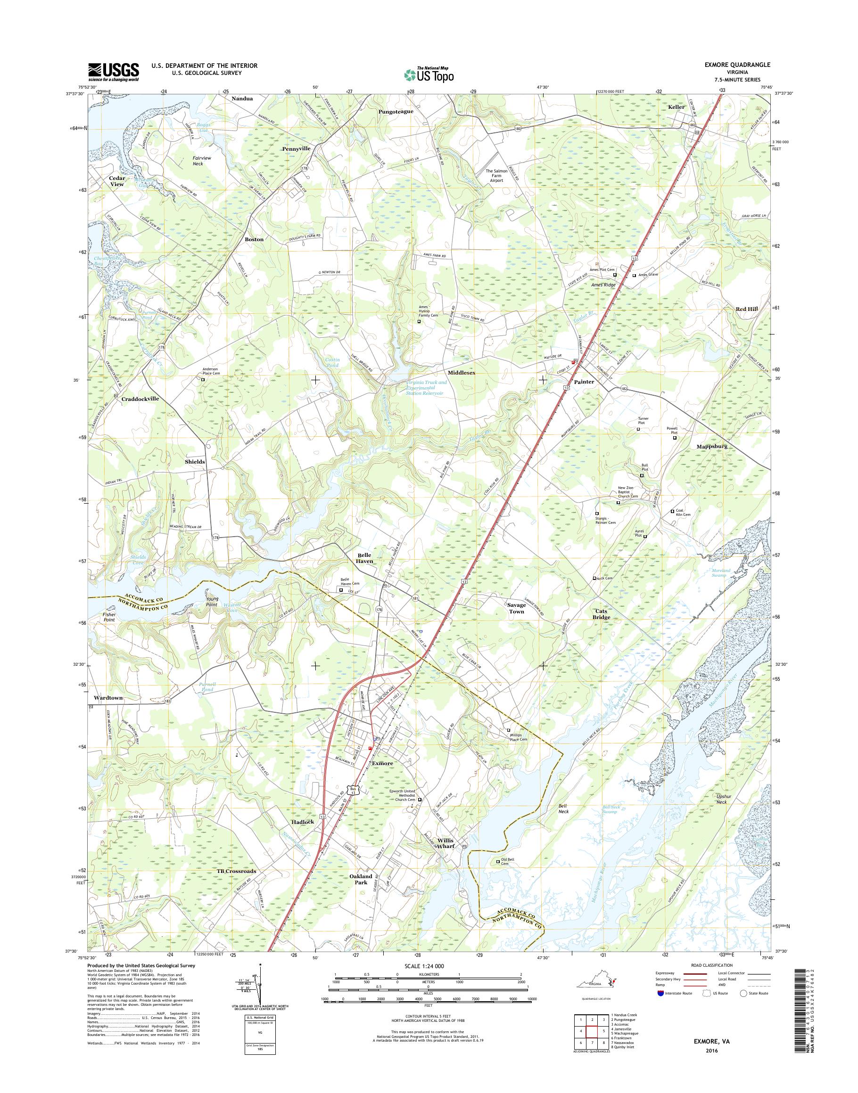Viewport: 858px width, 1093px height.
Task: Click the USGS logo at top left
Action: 114,72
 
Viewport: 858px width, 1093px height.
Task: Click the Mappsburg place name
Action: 712,446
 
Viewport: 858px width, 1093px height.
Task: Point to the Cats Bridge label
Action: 601,614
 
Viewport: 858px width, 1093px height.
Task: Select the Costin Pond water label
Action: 332,362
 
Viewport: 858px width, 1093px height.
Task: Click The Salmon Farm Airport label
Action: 496,176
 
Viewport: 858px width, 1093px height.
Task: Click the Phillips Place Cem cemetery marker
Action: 508,730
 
